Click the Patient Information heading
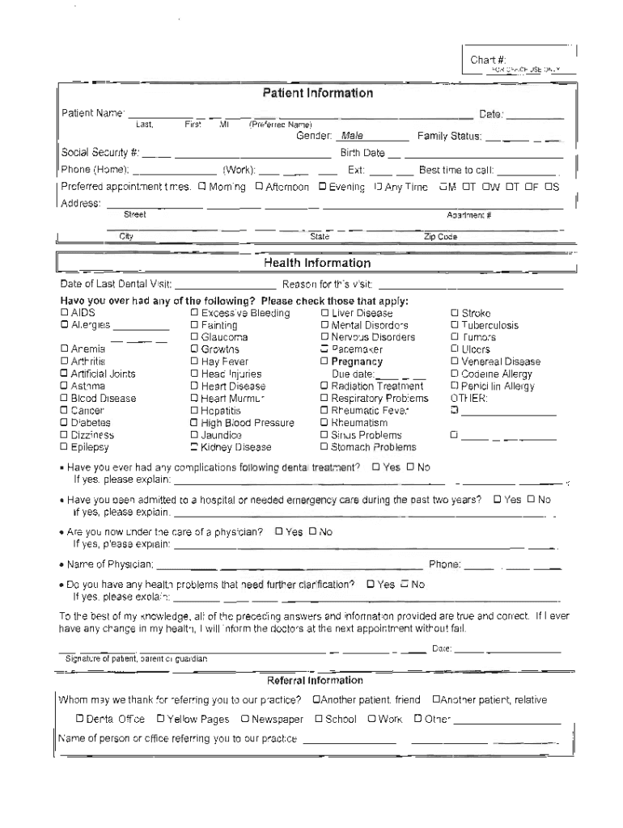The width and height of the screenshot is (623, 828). (x=317, y=93)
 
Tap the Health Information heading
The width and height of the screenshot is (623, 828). (x=317, y=263)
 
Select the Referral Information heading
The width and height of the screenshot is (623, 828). (x=315, y=680)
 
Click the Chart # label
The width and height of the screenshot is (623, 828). (x=488, y=60)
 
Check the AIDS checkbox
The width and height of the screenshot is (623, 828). (x=65, y=313)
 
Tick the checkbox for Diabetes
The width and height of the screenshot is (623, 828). (x=65, y=423)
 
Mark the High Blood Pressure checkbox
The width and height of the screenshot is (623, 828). (x=194, y=423)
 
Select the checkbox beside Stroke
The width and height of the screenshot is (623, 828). (x=455, y=313)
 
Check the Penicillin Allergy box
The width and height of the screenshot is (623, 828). (x=455, y=387)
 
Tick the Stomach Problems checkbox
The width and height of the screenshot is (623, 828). (x=324, y=447)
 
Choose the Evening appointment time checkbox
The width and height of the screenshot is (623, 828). (x=322, y=187)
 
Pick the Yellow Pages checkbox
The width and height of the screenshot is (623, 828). (x=161, y=719)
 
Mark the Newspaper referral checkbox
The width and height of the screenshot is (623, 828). (x=245, y=719)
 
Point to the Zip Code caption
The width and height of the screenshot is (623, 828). (x=440, y=237)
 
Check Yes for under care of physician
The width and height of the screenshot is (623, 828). (x=279, y=532)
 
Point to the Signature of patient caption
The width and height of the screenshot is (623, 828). (x=136, y=659)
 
